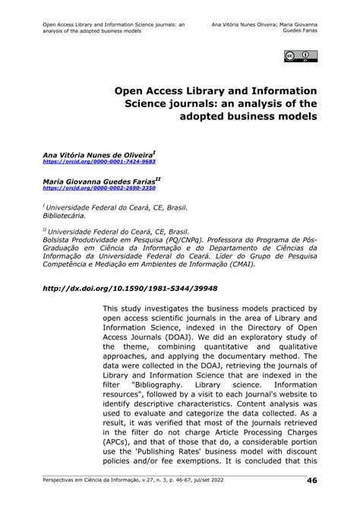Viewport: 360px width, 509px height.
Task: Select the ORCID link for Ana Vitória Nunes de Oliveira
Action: click(x=99, y=162)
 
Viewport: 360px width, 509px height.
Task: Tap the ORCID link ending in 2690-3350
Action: click(x=99, y=188)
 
